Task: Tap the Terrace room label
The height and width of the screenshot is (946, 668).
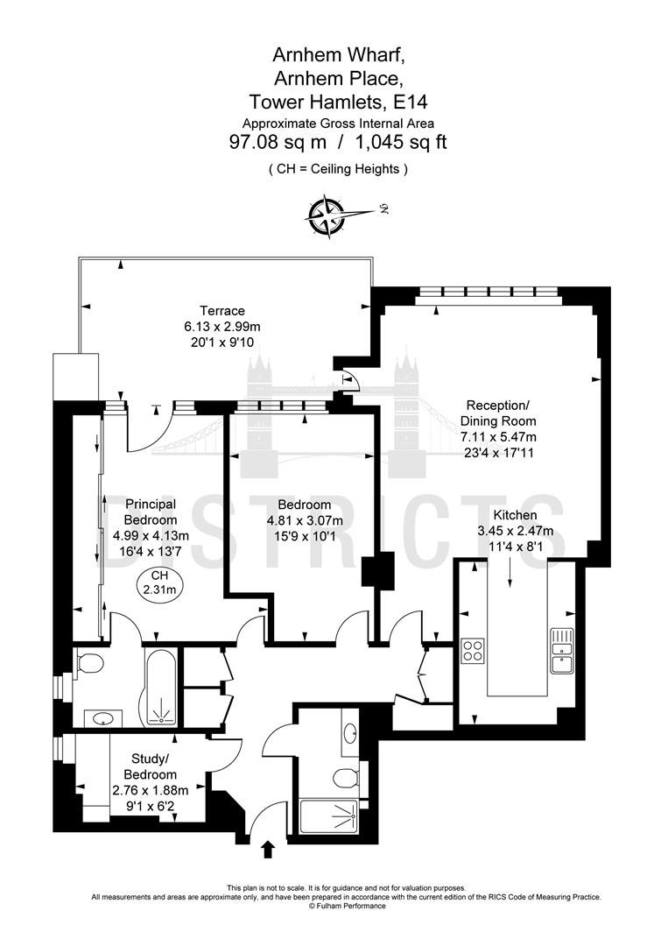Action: point(222,311)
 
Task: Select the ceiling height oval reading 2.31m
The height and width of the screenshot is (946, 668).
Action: point(159,582)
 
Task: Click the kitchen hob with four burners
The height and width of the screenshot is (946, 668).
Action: point(472,650)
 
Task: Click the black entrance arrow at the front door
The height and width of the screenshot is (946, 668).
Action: point(268,850)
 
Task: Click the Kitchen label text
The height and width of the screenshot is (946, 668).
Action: point(515,515)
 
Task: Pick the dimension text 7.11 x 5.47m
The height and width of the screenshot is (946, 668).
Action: point(498,437)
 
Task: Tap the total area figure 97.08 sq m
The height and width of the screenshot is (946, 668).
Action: point(278,143)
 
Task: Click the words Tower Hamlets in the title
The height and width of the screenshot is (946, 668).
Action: point(317,102)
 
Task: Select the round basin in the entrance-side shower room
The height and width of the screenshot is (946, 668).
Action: point(350,734)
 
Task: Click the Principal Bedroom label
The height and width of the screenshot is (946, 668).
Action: point(150,512)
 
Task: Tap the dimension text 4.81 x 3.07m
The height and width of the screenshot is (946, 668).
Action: point(305,520)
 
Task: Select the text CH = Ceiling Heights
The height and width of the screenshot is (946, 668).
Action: point(338,169)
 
